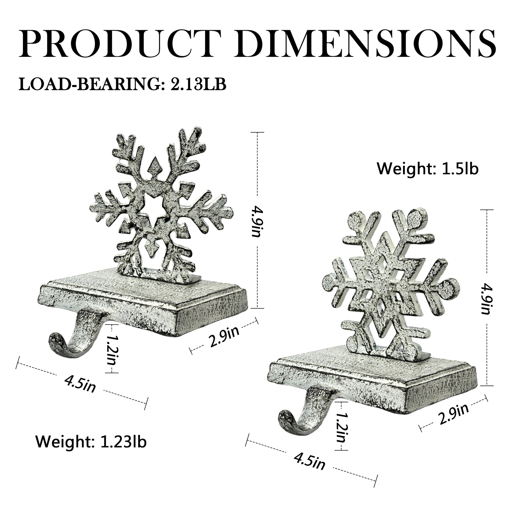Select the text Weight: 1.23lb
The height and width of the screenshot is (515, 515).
tap(91, 442)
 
